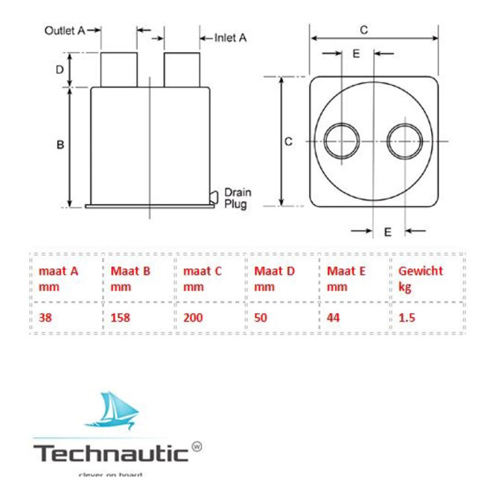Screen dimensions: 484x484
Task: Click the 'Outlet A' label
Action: [65, 31]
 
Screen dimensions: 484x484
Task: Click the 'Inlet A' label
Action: [230, 36]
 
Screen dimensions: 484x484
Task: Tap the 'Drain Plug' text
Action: [238, 198]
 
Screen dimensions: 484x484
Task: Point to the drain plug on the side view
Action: [214, 197]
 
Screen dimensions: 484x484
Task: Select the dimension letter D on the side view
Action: [60, 70]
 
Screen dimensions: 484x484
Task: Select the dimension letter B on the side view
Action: [60, 145]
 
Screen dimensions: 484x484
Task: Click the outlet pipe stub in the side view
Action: [119, 70]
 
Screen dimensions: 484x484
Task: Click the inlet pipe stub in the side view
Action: [182, 70]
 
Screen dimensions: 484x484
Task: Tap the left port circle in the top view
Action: [343, 140]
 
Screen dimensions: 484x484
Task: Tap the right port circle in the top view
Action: [405, 140]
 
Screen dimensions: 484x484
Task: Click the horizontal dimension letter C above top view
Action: [363, 30]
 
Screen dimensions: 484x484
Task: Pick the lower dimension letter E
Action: [387, 232]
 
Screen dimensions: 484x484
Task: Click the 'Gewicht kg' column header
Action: [420, 278]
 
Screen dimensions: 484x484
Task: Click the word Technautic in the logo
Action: [109, 452]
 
